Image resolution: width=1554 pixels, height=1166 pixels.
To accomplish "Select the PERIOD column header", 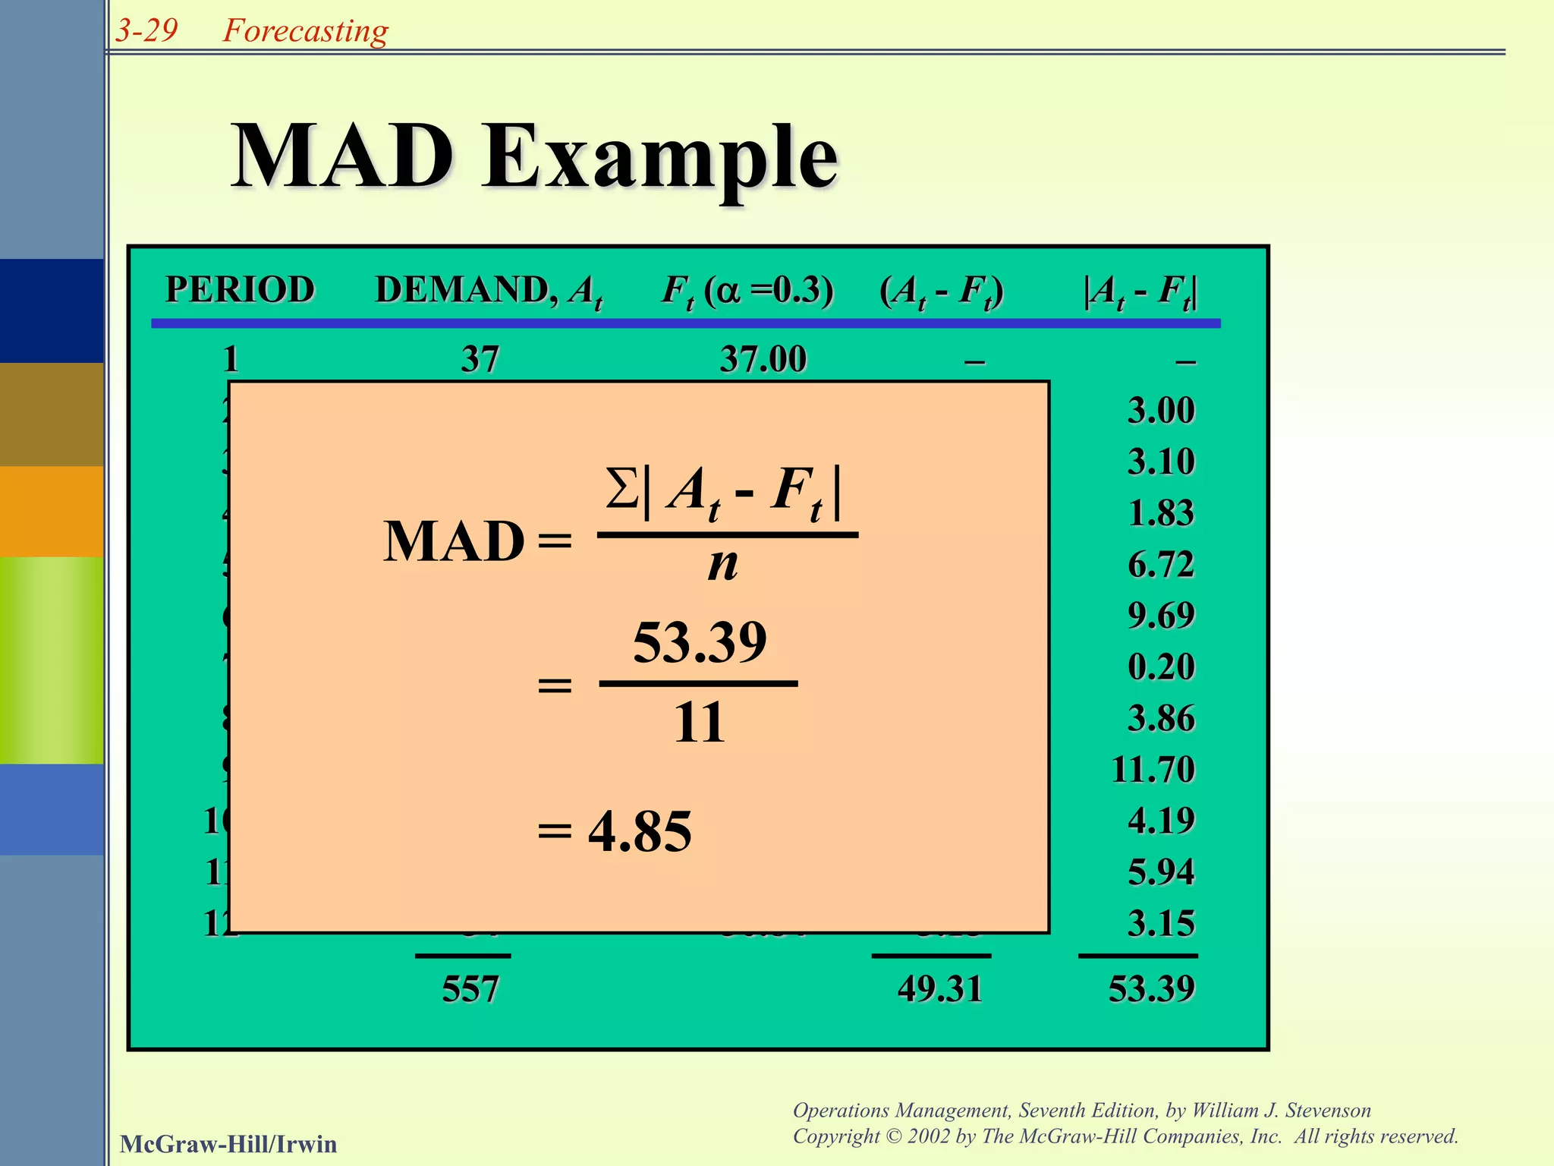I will click(x=240, y=290).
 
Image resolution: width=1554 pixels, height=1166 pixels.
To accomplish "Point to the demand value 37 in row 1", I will click(x=480, y=359).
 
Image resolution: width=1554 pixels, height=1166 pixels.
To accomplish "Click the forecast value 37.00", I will click(x=763, y=359).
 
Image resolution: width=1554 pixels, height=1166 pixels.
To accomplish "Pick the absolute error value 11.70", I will click(x=1153, y=770).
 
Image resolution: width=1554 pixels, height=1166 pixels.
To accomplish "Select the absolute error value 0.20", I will click(x=1161, y=667).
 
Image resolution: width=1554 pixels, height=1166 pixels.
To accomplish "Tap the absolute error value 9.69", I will click(x=1161, y=616).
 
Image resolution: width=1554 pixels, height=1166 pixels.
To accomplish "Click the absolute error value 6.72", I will click(x=1161, y=565).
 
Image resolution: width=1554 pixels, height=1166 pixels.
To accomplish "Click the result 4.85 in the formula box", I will click(x=640, y=832).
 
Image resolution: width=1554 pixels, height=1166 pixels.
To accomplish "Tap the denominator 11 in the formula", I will click(x=699, y=723).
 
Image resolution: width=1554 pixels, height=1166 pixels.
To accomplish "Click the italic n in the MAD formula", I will click(x=722, y=566).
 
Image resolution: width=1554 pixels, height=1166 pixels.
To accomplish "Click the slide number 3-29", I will click(x=146, y=30).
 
